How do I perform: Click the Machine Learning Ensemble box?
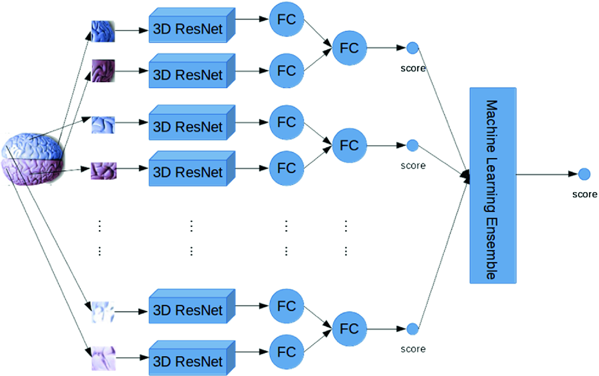[493, 185]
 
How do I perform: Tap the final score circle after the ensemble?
[584, 174]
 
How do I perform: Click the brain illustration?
[33, 159]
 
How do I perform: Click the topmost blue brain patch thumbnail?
[103, 31]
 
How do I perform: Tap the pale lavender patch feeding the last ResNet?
[103, 358]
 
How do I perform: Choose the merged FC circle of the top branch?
[349, 48]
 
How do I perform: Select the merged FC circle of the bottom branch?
[349, 328]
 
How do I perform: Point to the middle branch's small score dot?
[412, 145]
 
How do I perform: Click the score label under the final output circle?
[584, 194]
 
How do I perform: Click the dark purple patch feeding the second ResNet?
[103, 71]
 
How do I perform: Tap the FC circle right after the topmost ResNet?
[286, 19]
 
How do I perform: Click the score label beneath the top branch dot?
[413, 68]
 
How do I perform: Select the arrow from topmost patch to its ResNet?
[131, 31]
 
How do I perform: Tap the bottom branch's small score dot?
[412, 329]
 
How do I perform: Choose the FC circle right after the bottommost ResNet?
[286, 352]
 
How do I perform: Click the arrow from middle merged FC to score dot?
[386, 146]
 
